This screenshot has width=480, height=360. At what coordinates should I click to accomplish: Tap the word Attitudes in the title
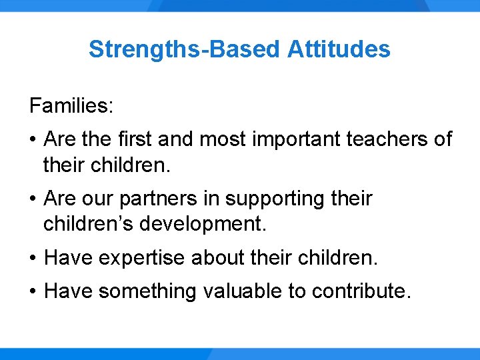coord(339,49)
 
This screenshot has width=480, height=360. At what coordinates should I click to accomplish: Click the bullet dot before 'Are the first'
coord(33,140)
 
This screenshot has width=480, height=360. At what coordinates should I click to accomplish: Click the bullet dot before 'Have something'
coord(33,292)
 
